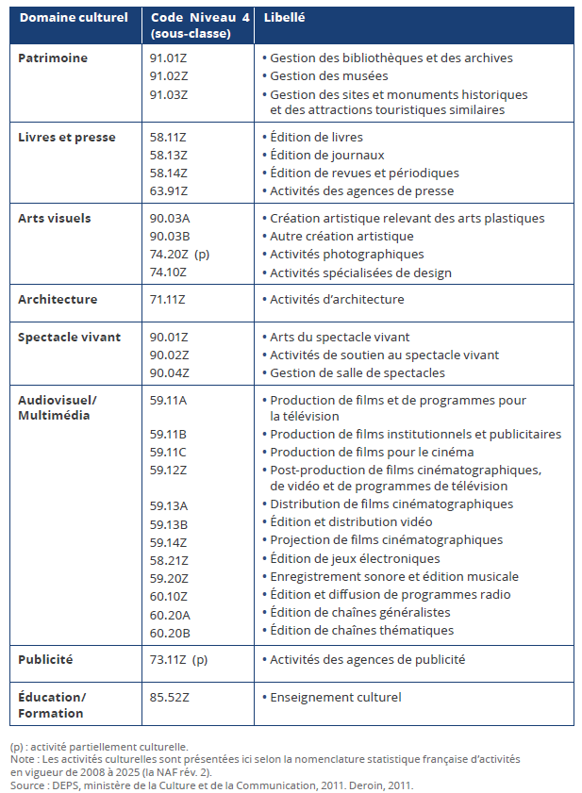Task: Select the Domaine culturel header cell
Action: click(74, 18)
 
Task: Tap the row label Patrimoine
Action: click(53, 58)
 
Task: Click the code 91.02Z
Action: click(169, 75)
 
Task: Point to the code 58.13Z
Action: click(169, 155)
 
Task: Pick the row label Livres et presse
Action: click(67, 137)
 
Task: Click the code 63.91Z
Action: click(169, 190)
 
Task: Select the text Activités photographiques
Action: click(346, 254)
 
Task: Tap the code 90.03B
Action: click(169, 236)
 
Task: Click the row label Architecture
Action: click(58, 299)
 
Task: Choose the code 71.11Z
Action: click(169, 299)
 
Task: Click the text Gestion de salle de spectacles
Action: click(358, 372)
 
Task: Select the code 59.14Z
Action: click(169, 540)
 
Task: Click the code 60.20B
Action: click(169, 630)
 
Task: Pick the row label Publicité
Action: click(45, 659)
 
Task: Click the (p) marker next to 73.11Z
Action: click(200, 659)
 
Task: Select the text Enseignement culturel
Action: click(336, 697)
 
